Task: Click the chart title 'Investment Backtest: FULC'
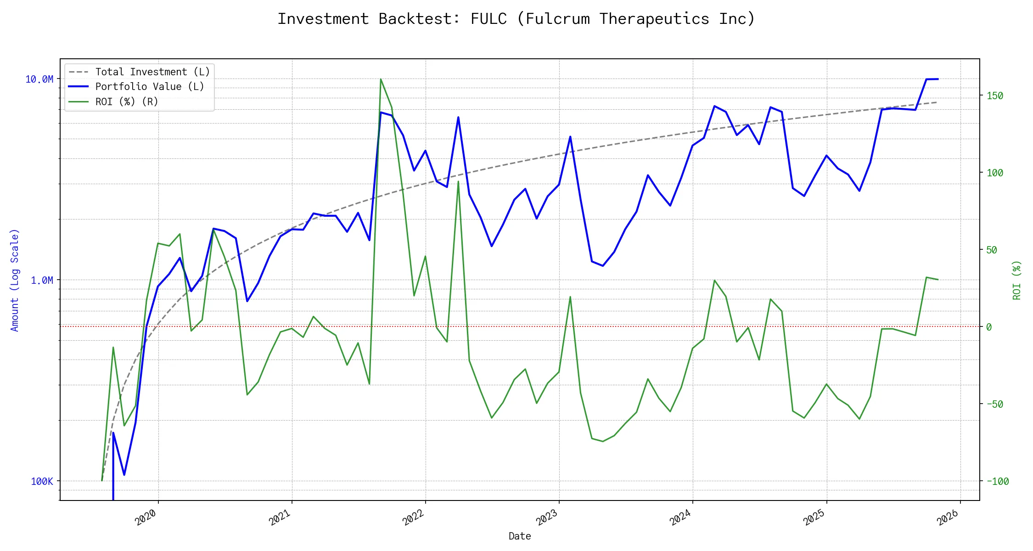click(516, 19)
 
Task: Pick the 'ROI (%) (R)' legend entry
click(127, 102)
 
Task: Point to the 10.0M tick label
click(39, 79)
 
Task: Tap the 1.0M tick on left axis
click(42, 280)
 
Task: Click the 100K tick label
click(42, 481)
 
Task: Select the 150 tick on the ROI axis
click(995, 96)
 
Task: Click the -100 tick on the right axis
click(998, 481)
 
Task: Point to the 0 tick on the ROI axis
click(989, 327)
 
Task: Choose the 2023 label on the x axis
click(547, 517)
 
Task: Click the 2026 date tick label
click(948, 517)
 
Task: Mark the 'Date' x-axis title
click(520, 536)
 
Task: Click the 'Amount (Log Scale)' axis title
click(15, 280)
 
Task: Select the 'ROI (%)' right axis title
click(1017, 280)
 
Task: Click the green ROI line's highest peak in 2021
click(381, 79)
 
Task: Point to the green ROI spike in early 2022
click(458, 181)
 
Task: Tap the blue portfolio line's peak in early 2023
click(570, 136)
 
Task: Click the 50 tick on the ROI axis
click(992, 250)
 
